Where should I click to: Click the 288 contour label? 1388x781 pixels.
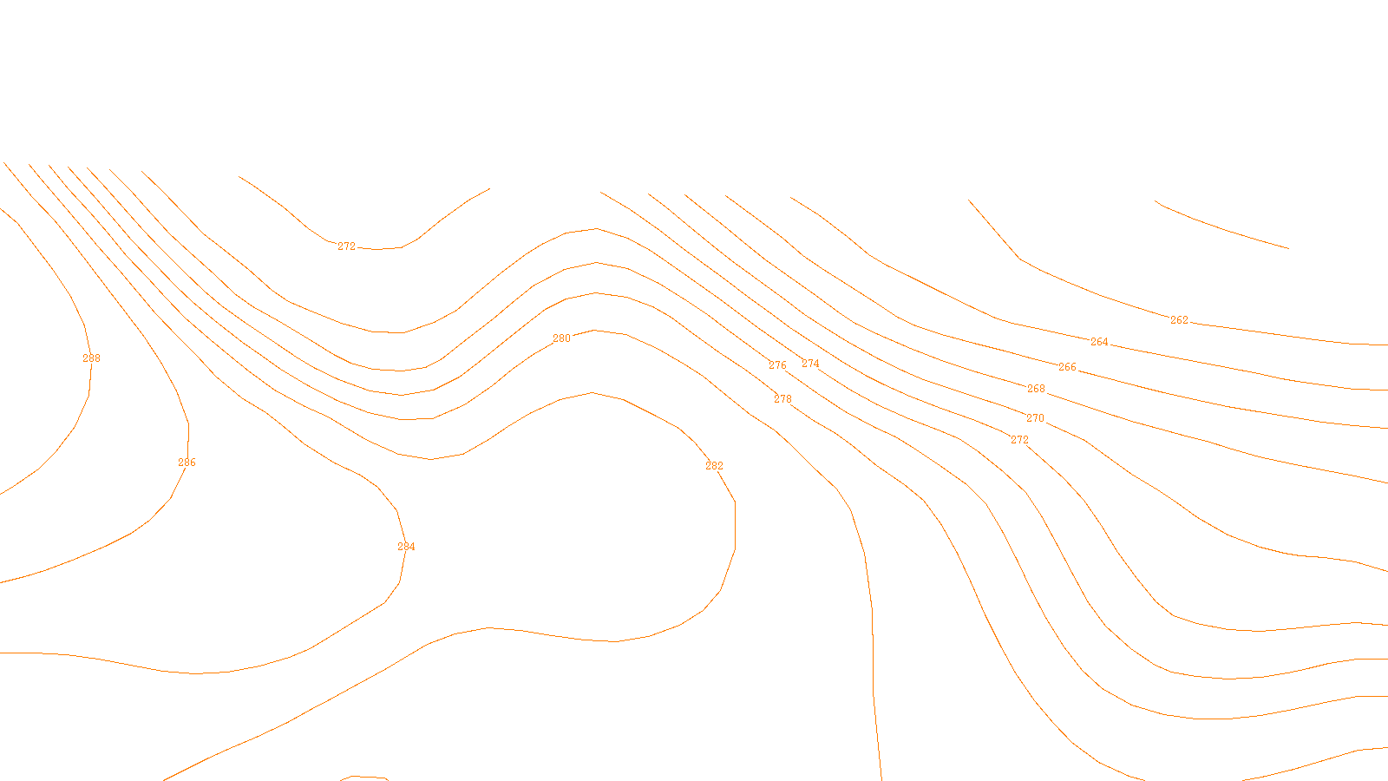tap(91, 358)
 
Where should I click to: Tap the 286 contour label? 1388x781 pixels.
tap(187, 463)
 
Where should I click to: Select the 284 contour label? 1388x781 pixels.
tap(406, 547)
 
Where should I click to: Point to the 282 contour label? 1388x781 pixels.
tap(714, 466)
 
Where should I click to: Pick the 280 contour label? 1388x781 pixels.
tap(561, 338)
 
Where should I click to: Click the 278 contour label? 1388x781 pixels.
tap(782, 399)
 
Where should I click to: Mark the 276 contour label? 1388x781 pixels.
tap(777, 365)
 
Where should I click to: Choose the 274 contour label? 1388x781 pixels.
tap(810, 364)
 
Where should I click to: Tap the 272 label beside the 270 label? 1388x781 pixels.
tap(1019, 440)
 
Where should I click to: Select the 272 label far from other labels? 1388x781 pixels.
tap(346, 246)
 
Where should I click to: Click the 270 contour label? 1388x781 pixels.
tap(1035, 418)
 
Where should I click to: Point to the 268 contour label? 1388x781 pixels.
tap(1036, 389)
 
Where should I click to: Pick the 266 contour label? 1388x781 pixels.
tap(1067, 367)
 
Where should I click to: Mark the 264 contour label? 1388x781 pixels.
tap(1099, 342)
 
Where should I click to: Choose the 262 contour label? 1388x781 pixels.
tap(1179, 320)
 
